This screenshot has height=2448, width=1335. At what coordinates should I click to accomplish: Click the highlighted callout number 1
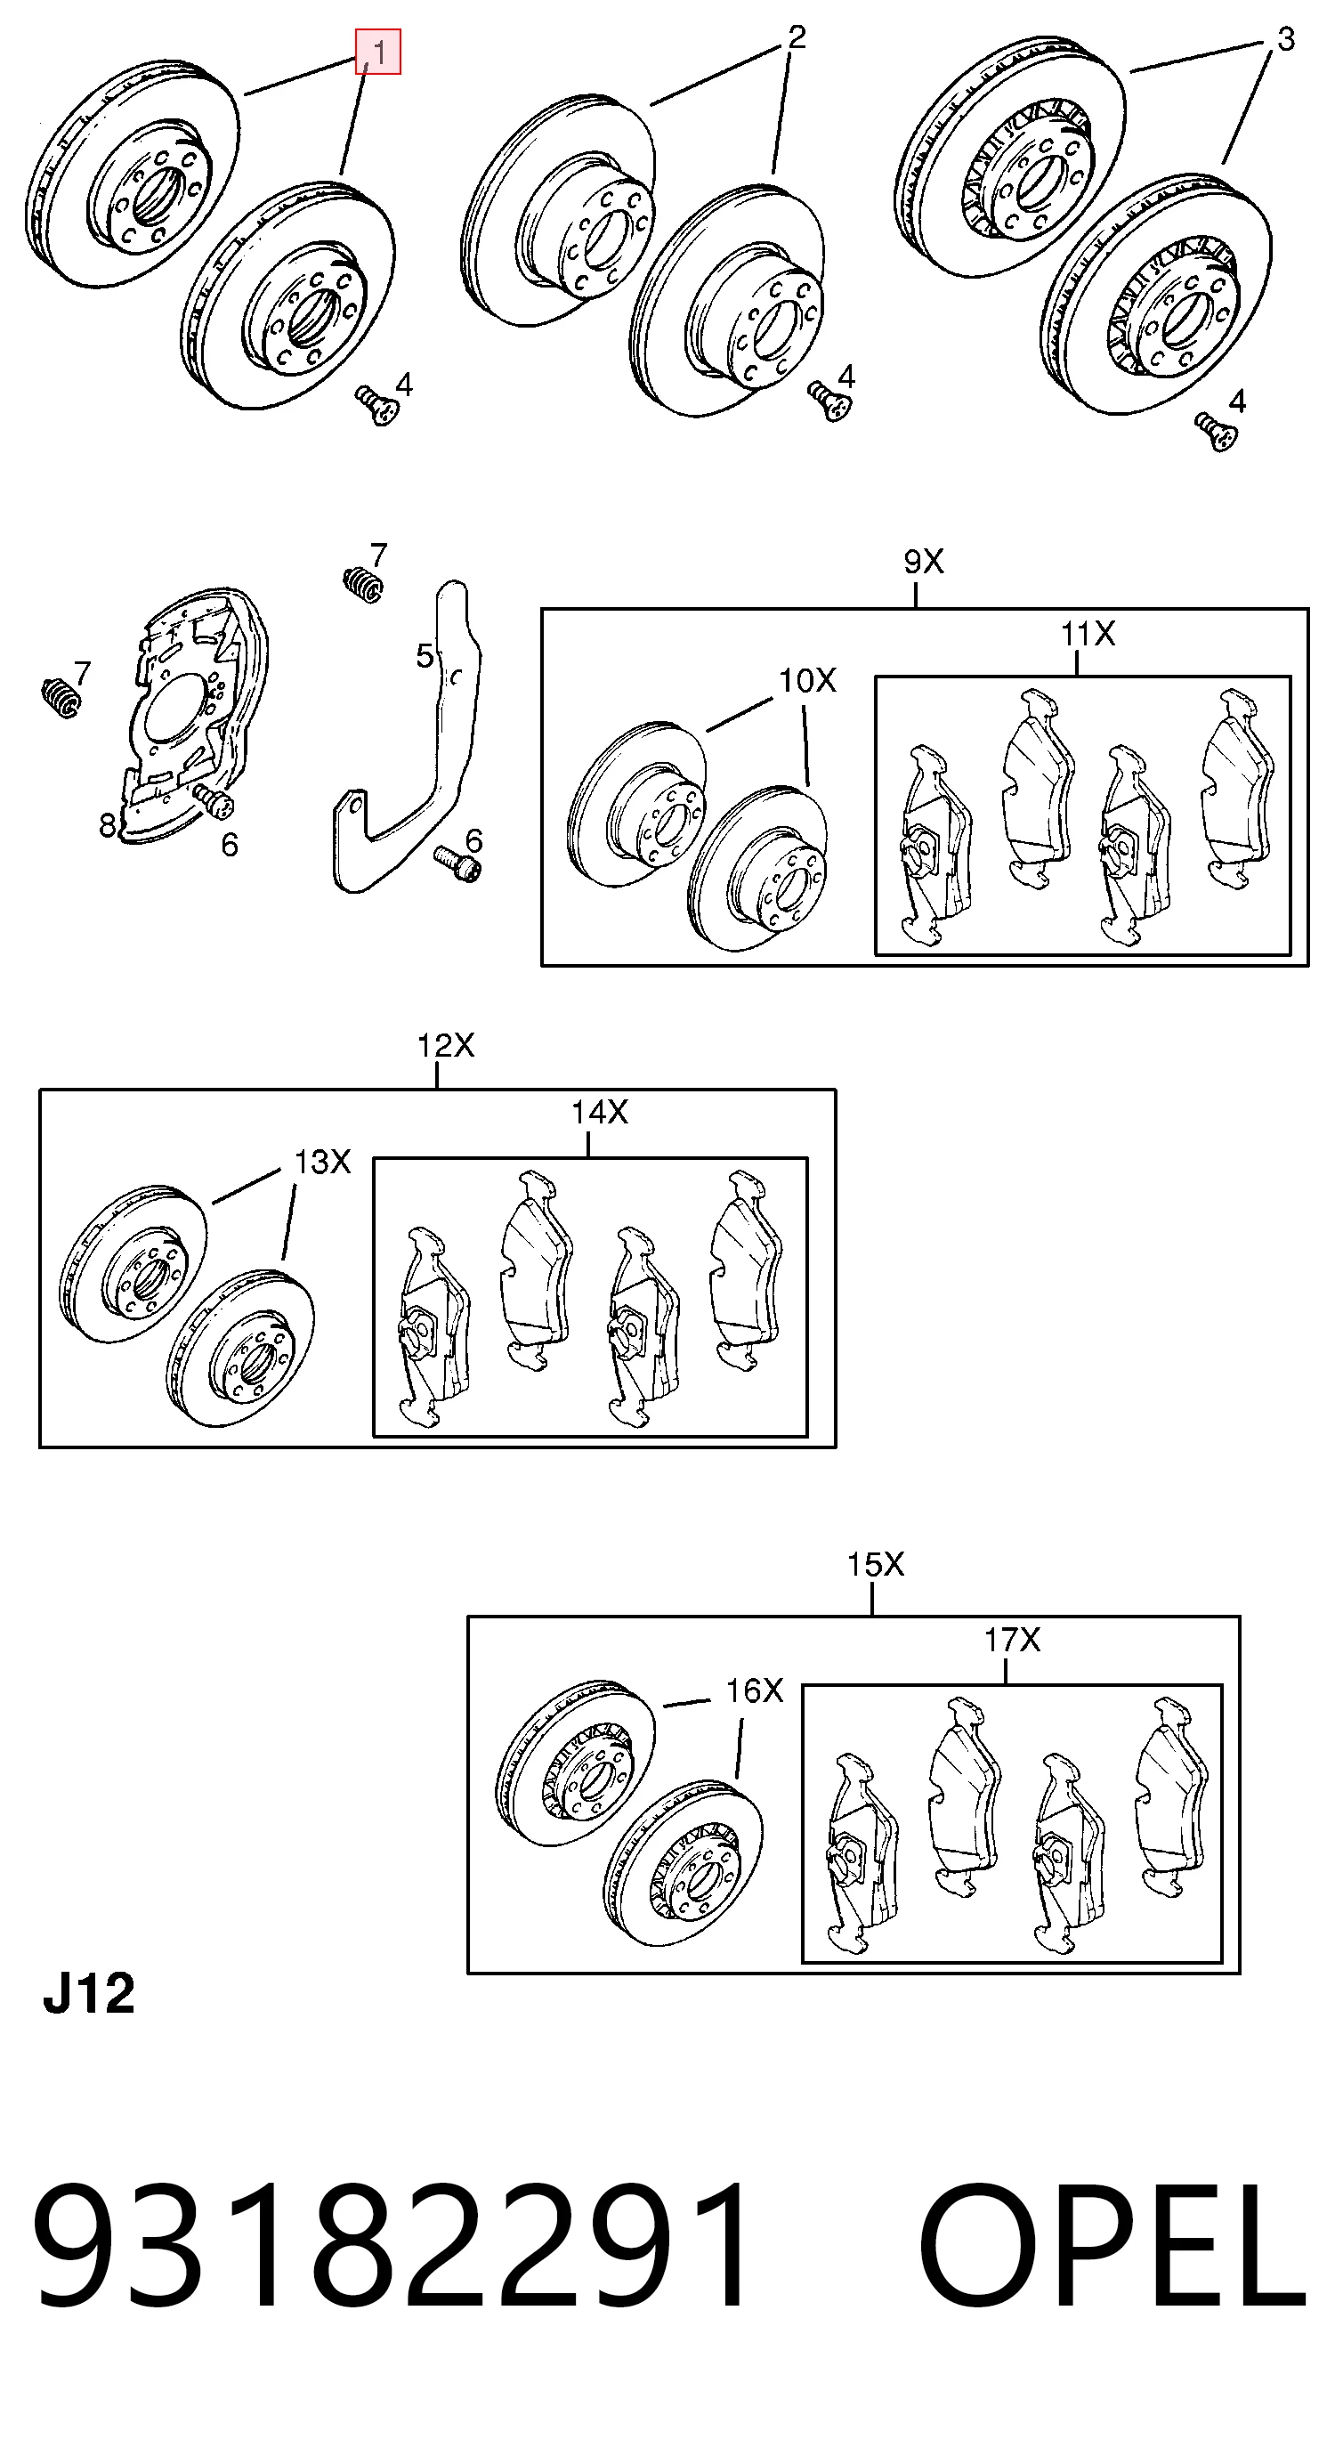(379, 52)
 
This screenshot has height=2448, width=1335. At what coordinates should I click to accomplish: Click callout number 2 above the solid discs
(797, 36)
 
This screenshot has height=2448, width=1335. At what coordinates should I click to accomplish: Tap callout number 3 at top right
(1284, 39)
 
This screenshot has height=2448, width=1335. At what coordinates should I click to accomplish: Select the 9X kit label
(924, 562)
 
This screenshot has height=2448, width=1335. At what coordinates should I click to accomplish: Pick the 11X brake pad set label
(1087, 633)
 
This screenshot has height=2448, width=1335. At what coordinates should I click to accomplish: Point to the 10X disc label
(807, 680)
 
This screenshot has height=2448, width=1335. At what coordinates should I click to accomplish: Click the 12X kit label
(446, 1045)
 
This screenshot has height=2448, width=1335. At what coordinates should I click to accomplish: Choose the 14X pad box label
(600, 1112)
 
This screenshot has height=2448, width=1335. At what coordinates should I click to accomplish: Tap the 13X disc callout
(322, 1162)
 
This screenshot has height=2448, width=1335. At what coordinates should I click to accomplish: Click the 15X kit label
(875, 1564)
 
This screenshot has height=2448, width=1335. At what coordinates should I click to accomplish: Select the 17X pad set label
(1012, 1640)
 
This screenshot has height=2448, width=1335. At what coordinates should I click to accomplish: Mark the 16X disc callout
(755, 1690)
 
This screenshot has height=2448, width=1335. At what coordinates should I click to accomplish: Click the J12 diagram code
(89, 1994)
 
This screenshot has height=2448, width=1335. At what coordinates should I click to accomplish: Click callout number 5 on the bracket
(425, 655)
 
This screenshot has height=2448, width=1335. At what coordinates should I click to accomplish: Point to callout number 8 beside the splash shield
(108, 825)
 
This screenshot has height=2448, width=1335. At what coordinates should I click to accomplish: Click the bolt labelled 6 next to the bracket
(458, 862)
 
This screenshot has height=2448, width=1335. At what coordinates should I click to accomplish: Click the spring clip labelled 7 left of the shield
(61, 699)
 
